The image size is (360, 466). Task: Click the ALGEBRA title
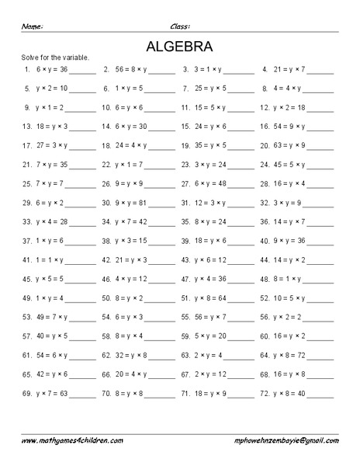(179, 45)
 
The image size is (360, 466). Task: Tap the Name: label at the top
(32, 26)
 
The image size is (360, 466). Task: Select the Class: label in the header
(180, 26)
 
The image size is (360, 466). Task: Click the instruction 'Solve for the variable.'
(54, 58)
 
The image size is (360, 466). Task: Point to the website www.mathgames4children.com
(71, 440)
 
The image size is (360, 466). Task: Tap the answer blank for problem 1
(82, 70)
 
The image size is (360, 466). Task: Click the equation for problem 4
(290, 69)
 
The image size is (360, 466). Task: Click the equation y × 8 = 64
(210, 297)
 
